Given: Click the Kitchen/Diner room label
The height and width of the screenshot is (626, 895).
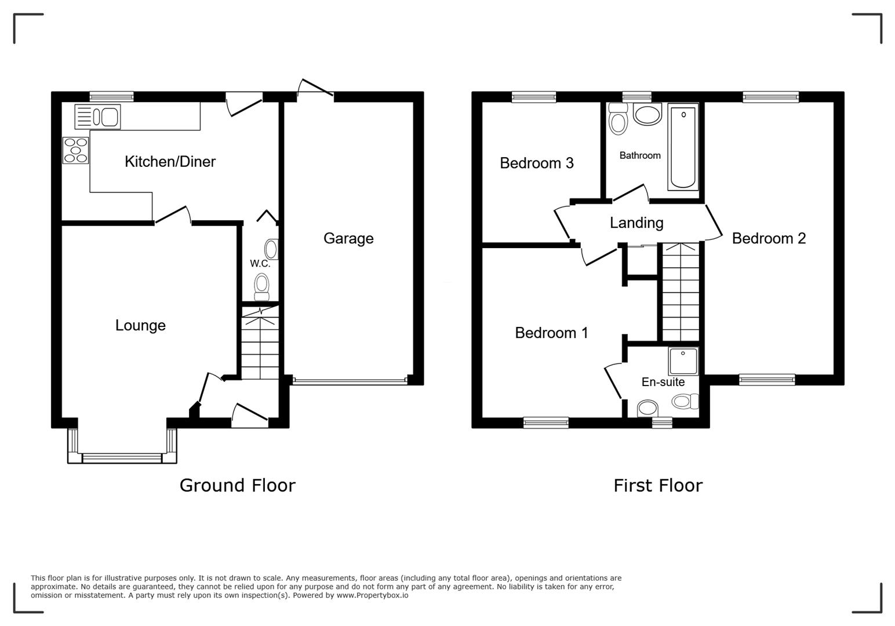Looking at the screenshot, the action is [170, 162].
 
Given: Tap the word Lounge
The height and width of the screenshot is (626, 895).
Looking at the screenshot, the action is [140, 326].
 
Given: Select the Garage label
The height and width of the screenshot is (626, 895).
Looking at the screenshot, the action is [348, 238].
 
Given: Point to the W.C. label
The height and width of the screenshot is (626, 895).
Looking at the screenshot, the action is [260, 264].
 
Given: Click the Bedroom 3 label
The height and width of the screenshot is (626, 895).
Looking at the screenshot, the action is [537, 163].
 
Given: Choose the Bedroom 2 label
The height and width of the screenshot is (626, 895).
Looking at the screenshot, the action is [769, 238].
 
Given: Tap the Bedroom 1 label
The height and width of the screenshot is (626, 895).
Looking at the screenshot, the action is [551, 333].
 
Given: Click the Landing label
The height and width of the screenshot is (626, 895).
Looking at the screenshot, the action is [636, 223].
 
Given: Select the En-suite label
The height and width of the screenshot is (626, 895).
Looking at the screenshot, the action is [663, 382].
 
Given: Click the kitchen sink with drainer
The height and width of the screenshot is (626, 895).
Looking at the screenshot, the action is [97, 117].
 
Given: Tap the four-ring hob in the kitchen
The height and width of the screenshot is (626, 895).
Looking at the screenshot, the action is [75, 150].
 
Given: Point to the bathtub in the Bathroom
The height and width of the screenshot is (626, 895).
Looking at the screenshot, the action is [683, 147].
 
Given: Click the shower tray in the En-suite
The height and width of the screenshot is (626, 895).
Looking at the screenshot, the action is [683, 361].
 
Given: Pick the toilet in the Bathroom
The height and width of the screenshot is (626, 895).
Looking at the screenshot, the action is [618, 118].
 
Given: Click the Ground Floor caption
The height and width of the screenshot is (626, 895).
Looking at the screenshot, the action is [237, 486].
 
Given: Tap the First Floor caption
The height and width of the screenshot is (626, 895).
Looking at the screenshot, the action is [658, 486].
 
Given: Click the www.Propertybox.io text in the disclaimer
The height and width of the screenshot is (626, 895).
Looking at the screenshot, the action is [372, 595].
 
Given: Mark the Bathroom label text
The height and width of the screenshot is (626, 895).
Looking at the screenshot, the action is [640, 155].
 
